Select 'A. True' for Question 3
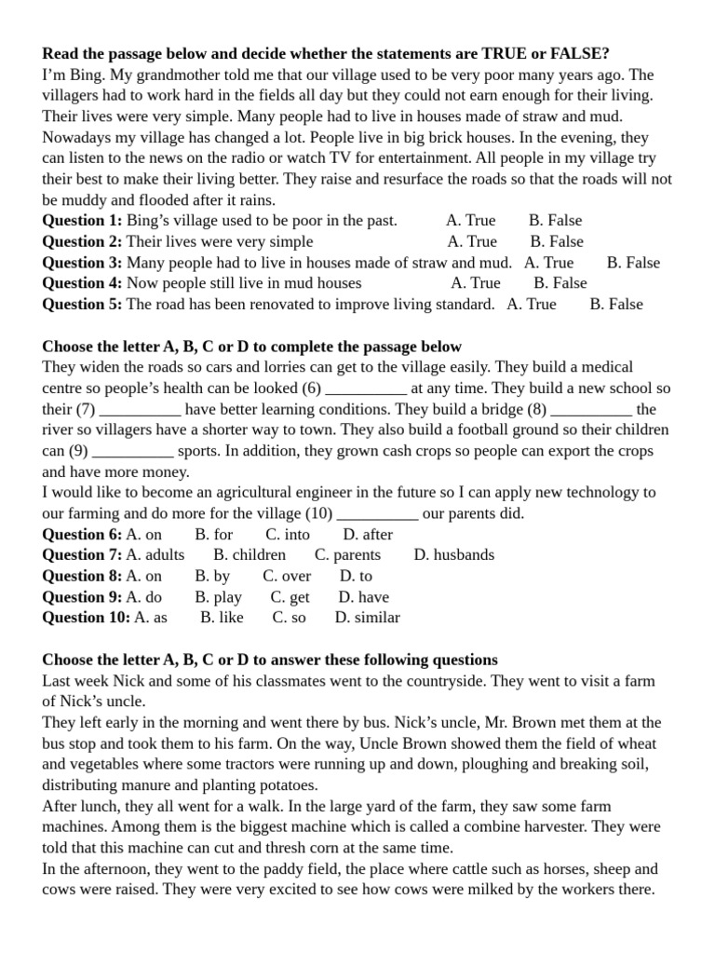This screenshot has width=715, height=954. pyautogui.click(x=548, y=263)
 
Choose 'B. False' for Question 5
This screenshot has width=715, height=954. pyautogui.click(x=615, y=305)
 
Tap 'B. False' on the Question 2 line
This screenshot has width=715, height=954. pyautogui.click(x=556, y=241)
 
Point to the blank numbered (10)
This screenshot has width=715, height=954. pyautogui.click(x=377, y=514)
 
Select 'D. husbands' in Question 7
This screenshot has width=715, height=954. pyautogui.click(x=453, y=555)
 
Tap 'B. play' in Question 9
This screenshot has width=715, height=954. pyautogui.click(x=218, y=597)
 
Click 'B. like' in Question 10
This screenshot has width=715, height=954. pyautogui.click(x=222, y=618)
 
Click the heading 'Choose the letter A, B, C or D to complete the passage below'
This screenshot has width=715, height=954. pyautogui.click(x=251, y=347)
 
